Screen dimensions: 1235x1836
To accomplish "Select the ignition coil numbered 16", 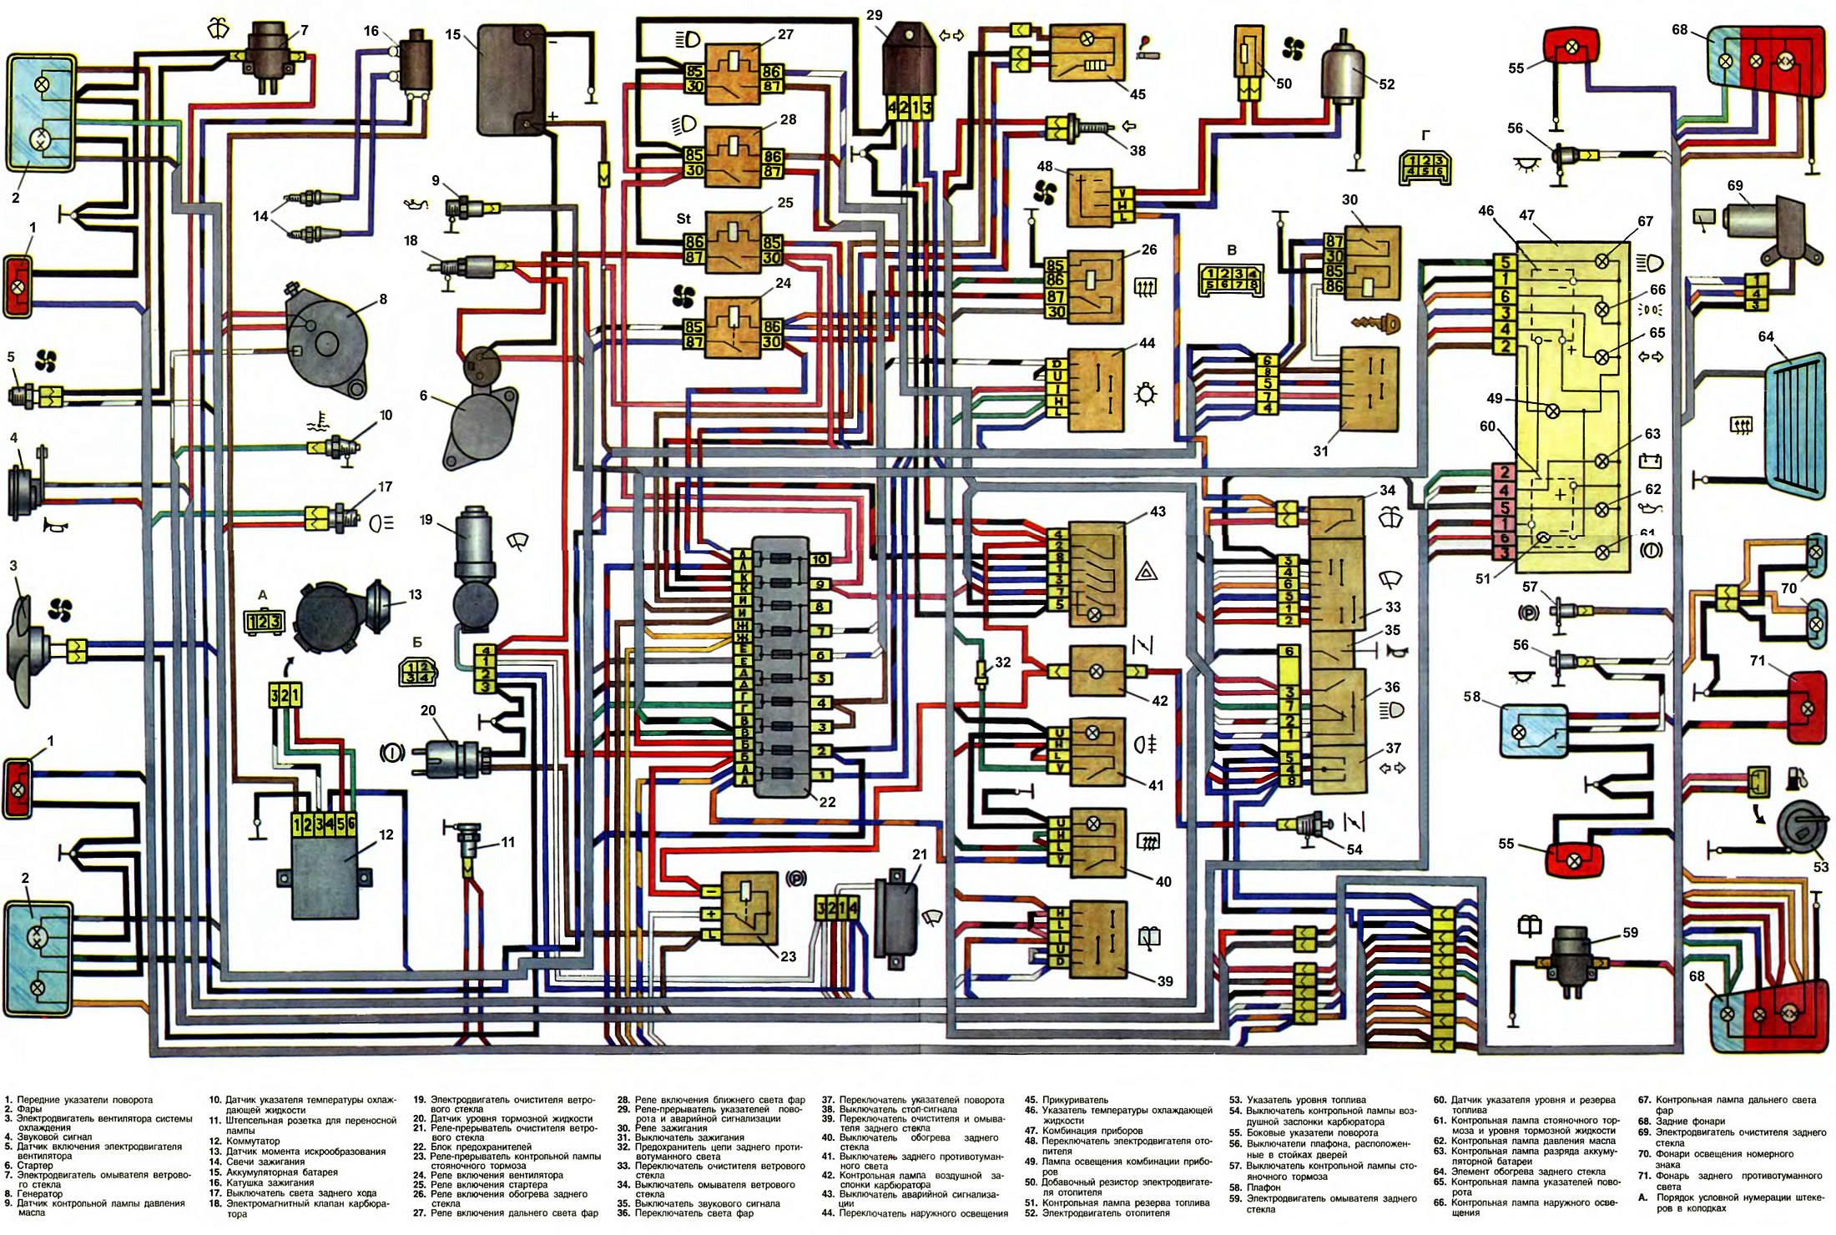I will [415, 61].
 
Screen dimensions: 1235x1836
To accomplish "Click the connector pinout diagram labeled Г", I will [1425, 166].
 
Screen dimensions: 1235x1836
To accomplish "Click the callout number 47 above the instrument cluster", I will [1526, 215].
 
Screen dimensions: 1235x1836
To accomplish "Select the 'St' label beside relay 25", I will [683, 219].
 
